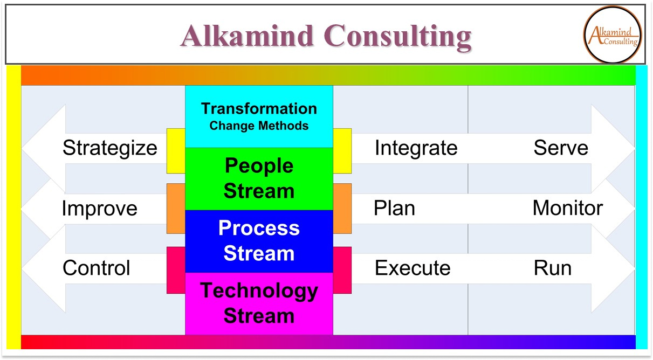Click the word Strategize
[109, 148]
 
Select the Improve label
[99, 209]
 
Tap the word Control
[97, 268]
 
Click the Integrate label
[416, 148]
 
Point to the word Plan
[394, 209]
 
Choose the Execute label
[413, 268]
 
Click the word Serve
[561, 148]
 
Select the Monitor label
[568, 208]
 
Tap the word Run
[552, 268]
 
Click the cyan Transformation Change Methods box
[259, 116]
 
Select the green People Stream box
[259, 178]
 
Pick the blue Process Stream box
[259, 241]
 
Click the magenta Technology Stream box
[259, 303]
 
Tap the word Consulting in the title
[400, 36]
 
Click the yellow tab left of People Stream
[176, 151]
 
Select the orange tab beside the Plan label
[342, 209]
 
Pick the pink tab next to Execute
[342, 270]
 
